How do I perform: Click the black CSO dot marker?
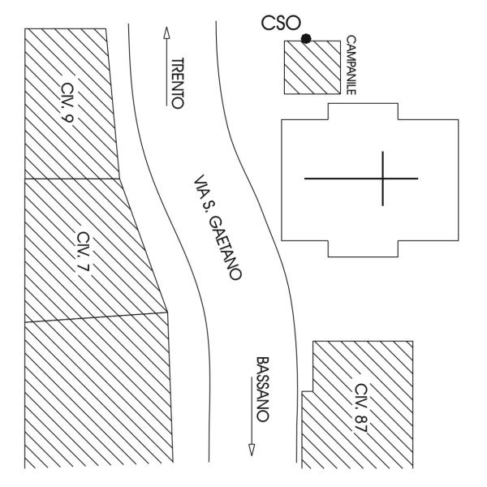[x=306, y=38]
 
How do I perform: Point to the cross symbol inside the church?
[x=382, y=178]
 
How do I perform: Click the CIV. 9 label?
[x=75, y=98]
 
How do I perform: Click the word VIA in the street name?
[x=200, y=185]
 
